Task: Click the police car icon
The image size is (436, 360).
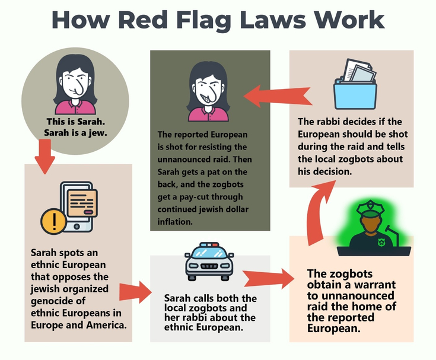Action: [x=211, y=262]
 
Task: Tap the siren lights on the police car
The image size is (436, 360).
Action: [x=210, y=245]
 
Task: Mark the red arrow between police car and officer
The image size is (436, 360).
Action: [x=267, y=278]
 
